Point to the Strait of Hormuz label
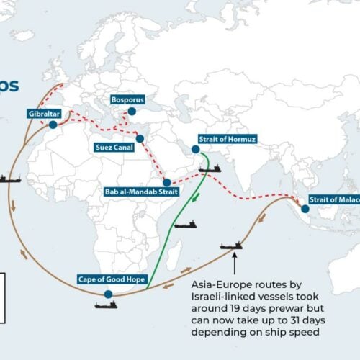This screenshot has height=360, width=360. (x=228, y=139)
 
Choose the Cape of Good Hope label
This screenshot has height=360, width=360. (x=106, y=279)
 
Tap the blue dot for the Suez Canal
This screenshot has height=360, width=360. (x=139, y=138)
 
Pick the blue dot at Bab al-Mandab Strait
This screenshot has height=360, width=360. (x=167, y=183)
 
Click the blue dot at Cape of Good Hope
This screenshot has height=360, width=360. (x=108, y=294)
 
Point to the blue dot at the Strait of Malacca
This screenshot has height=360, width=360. (x=305, y=209)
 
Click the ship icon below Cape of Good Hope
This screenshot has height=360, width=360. (x=106, y=305)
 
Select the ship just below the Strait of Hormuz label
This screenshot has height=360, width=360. (x=210, y=168)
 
